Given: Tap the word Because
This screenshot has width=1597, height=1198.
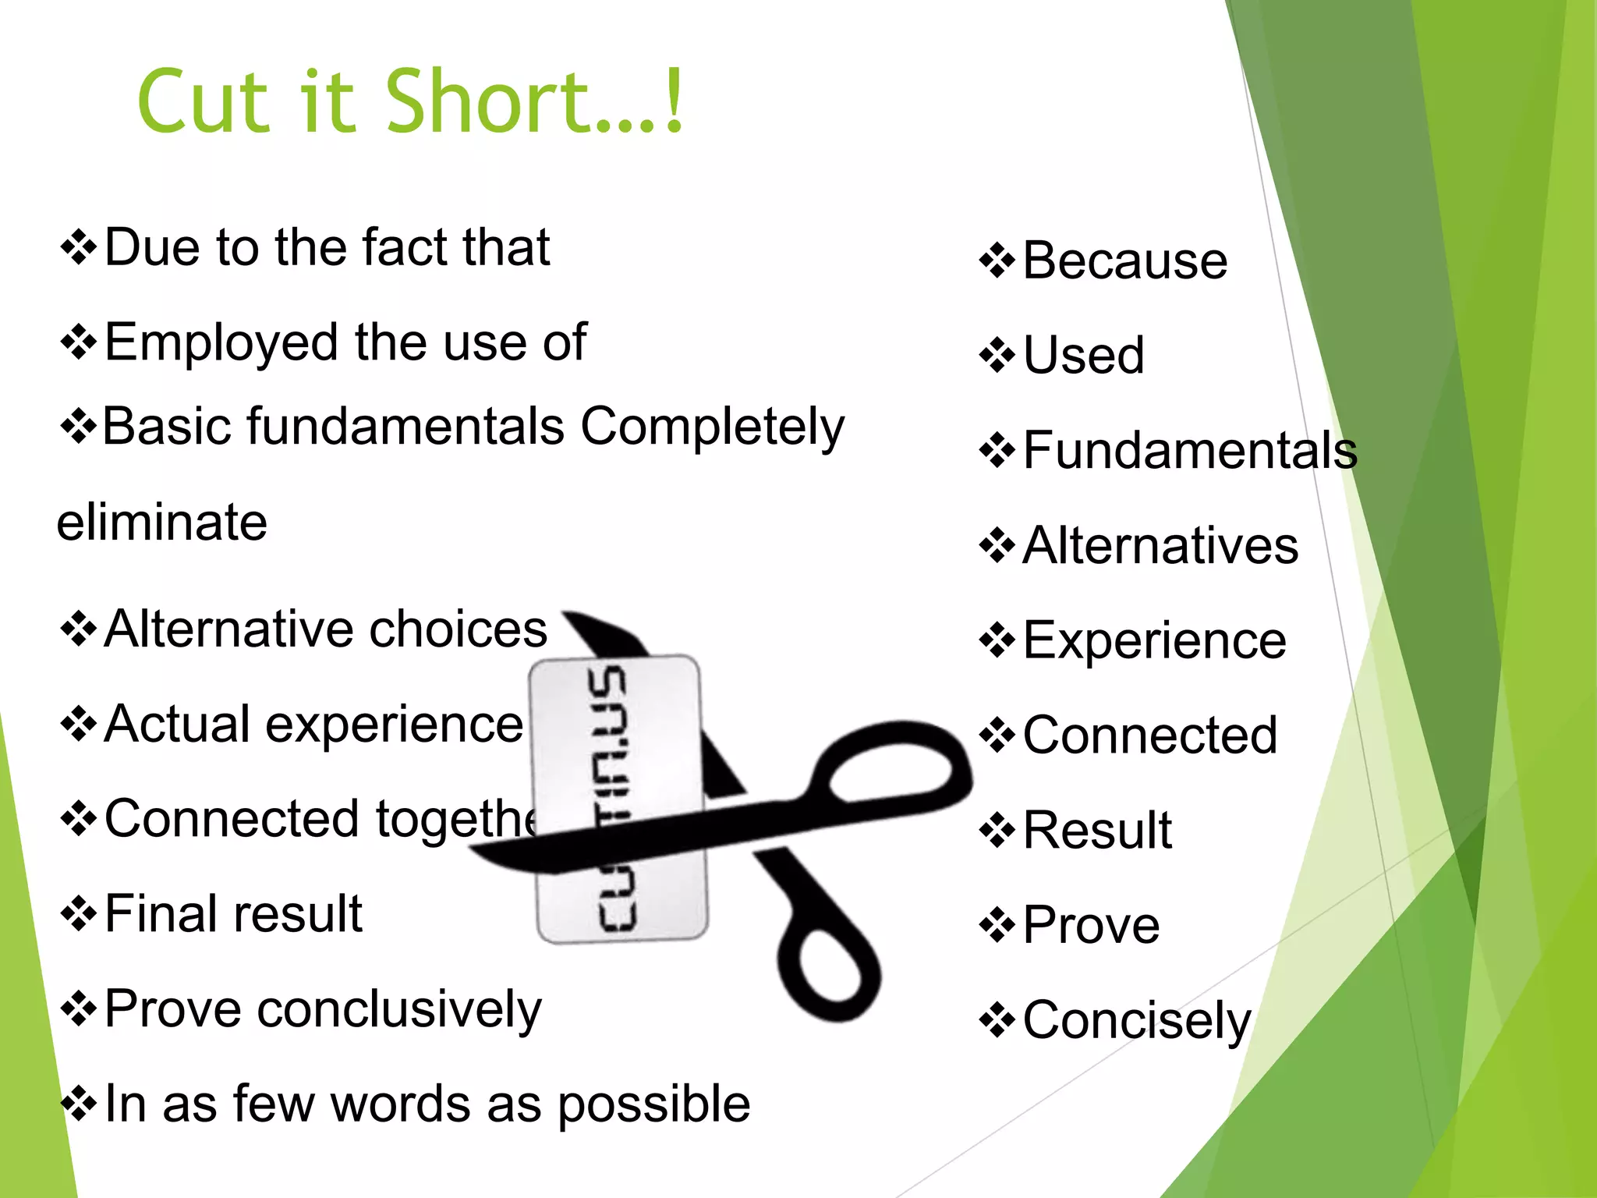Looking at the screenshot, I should [x=1124, y=261].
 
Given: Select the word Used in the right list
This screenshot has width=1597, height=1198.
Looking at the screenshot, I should [x=1083, y=356].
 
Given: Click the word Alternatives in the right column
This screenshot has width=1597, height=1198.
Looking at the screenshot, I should [x=1160, y=545].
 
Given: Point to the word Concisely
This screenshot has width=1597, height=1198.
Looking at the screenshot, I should [x=1136, y=1020].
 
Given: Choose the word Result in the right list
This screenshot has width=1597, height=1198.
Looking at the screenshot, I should [x=1097, y=830].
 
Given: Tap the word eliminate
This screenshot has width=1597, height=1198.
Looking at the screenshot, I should [x=162, y=522].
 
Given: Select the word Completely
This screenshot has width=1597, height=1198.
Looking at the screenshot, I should [x=712, y=427].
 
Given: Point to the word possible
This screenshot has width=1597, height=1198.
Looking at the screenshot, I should [x=653, y=1104].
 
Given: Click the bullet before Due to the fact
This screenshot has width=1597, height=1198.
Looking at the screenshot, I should [x=78, y=248].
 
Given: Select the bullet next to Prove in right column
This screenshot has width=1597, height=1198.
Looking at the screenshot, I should [x=997, y=926].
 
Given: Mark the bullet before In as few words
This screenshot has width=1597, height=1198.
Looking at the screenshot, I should [x=78, y=1104].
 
